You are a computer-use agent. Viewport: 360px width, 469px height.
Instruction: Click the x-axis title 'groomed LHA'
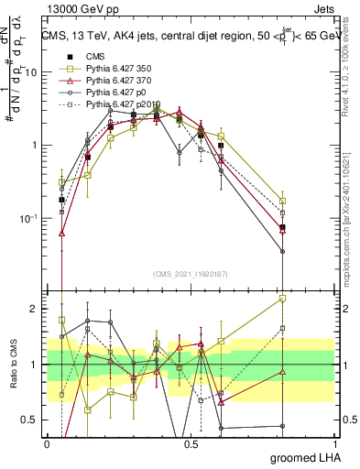[312, 457]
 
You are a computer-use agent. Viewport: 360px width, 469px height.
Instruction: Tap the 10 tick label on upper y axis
[31, 71]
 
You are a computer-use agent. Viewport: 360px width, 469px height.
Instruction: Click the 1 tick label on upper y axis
[35, 146]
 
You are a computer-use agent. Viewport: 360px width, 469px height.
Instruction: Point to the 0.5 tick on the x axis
[191, 442]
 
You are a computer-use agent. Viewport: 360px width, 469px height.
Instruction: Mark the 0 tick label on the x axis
[47, 442]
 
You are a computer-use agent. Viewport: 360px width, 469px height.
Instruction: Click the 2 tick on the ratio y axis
[35, 309]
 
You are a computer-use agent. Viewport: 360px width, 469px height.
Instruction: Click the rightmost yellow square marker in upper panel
[283, 201]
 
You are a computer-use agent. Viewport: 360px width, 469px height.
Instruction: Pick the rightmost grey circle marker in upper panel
[283, 251]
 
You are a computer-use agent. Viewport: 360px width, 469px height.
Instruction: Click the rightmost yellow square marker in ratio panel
[283, 299]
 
